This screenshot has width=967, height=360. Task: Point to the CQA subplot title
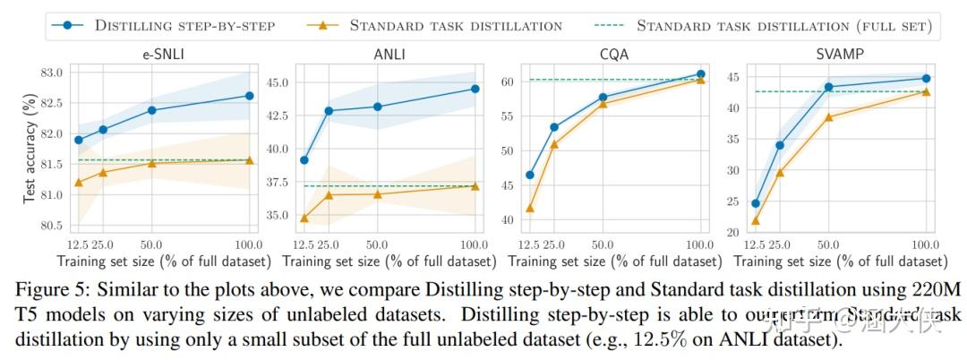point(613,55)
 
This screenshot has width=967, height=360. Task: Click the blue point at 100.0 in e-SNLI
point(249,96)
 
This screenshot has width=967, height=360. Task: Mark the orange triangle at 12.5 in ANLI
point(305,218)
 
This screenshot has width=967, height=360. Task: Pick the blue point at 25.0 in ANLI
point(329,111)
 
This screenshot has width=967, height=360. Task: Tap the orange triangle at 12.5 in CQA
point(530,209)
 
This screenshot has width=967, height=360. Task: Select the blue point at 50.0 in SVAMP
point(828,87)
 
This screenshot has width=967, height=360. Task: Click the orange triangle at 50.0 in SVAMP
point(828,117)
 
